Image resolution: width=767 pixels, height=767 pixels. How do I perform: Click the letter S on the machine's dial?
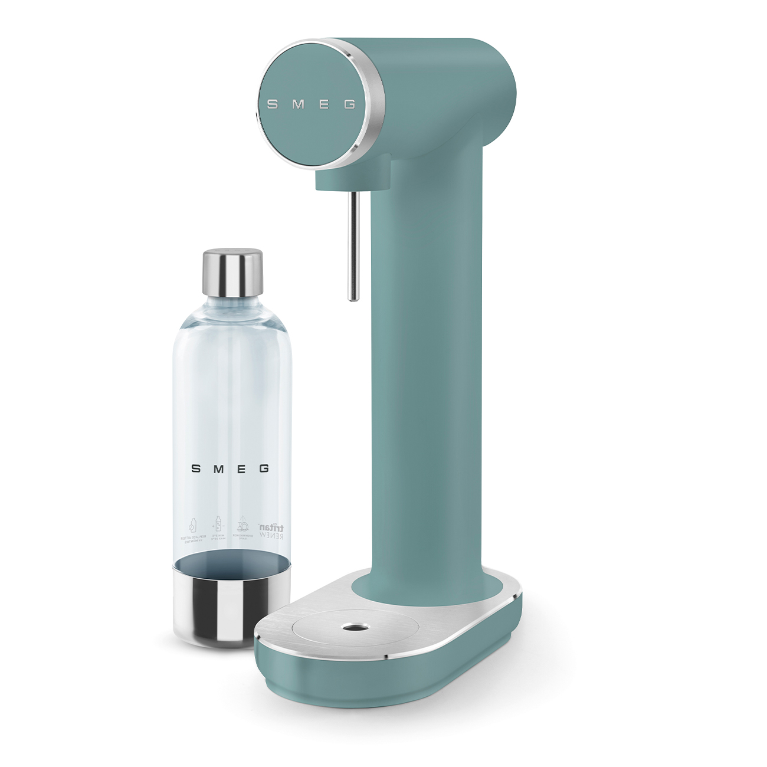pyautogui.click(x=273, y=104)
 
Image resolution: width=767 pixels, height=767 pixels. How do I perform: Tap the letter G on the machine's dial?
pyautogui.click(x=349, y=104)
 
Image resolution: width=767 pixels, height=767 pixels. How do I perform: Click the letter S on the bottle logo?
pyautogui.click(x=195, y=468)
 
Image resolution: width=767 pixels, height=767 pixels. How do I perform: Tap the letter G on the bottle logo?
pyautogui.click(x=264, y=468)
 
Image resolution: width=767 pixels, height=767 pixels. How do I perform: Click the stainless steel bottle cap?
pyautogui.click(x=232, y=273)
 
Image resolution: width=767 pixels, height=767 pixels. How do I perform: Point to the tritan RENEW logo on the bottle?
pyautogui.click(x=273, y=529)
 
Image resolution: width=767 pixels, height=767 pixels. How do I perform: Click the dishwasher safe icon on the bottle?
pyautogui.click(x=242, y=527)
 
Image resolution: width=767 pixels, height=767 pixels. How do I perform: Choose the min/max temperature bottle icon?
pyautogui.click(x=217, y=527)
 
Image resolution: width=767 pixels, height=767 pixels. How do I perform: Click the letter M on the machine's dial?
pyautogui.click(x=298, y=104)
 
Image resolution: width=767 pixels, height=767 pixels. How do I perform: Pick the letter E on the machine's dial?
pyautogui.click(x=324, y=104)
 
